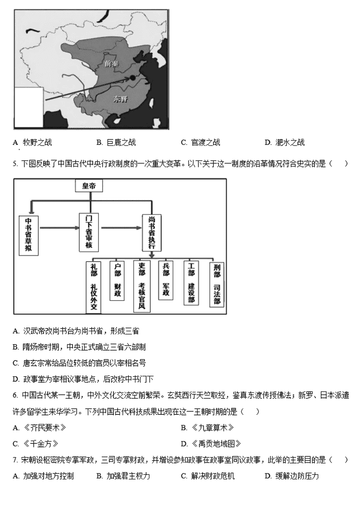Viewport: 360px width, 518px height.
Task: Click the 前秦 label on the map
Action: click(x=111, y=64)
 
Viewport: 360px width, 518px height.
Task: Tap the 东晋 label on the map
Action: click(x=120, y=99)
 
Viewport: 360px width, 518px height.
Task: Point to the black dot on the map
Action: click(x=132, y=78)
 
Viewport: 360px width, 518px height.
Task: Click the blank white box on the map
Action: click(x=29, y=108)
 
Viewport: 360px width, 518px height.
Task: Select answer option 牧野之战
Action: click(x=32, y=142)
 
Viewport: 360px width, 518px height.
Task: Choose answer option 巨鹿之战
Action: click(x=116, y=142)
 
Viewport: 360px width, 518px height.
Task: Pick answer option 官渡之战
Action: click(x=201, y=142)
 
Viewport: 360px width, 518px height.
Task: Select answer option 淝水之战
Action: click(x=285, y=142)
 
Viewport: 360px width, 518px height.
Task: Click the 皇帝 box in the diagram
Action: click(x=89, y=186)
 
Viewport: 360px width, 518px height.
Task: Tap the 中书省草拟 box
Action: click(x=29, y=235)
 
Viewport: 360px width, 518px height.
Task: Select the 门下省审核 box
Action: click(x=89, y=232)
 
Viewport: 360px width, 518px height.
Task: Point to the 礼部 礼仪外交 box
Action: click(x=94, y=287)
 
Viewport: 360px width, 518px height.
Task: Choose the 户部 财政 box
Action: click(x=117, y=280)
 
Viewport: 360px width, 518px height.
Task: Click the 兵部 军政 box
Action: click(x=166, y=280)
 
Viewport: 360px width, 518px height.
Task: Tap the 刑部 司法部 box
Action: click(x=216, y=284)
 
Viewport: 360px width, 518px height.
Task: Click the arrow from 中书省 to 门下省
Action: click(x=59, y=227)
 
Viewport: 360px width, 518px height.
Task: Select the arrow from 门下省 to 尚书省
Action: click(x=121, y=227)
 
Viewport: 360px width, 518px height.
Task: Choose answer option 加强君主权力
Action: click(x=123, y=476)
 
